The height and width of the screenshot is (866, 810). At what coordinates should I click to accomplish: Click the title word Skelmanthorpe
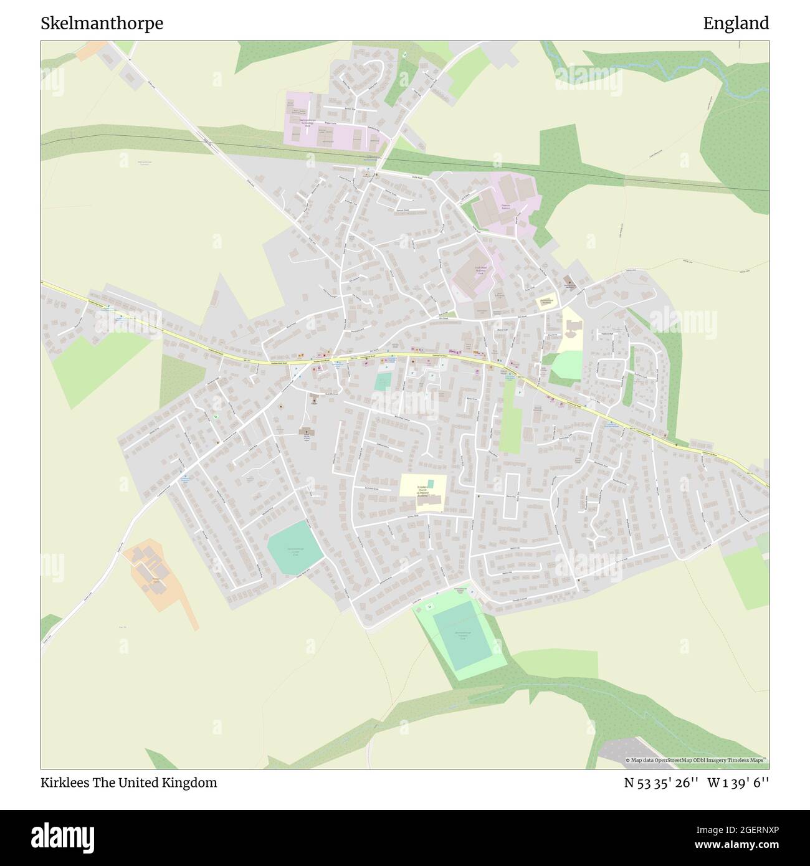pos(102,24)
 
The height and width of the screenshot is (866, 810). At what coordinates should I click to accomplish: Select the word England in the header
pos(736,24)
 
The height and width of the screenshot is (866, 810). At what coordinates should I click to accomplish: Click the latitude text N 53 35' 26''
pos(657,783)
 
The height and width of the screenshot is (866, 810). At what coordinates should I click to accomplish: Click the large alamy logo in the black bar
pos(64,835)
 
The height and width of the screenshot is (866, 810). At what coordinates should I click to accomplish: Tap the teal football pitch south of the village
pos(462,635)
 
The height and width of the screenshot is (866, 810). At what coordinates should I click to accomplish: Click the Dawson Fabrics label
pos(506,206)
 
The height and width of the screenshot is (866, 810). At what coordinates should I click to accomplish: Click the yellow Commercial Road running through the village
pos(405,355)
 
